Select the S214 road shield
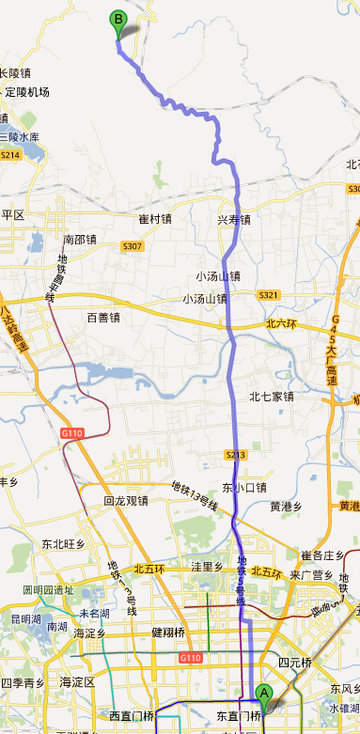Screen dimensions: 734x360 (x=10, y=155)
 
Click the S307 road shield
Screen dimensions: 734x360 (x=132, y=246)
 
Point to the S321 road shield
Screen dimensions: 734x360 (x=269, y=295)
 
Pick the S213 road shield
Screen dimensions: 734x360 (x=236, y=455)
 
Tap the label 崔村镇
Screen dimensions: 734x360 (x=155, y=220)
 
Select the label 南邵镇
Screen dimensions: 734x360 (x=80, y=240)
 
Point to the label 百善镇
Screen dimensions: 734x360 (x=103, y=318)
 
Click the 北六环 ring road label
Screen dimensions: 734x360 (x=281, y=323)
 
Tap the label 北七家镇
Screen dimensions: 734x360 (x=272, y=397)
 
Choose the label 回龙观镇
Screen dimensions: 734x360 (x=126, y=501)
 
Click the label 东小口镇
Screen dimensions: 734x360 (x=244, y=488)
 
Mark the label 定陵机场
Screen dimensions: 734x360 (x=27, y=92)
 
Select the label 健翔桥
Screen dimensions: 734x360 (x=169, y=632)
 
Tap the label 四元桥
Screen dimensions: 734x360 (x=294, y=663)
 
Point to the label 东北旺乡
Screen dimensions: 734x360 (x=63, y=544)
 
